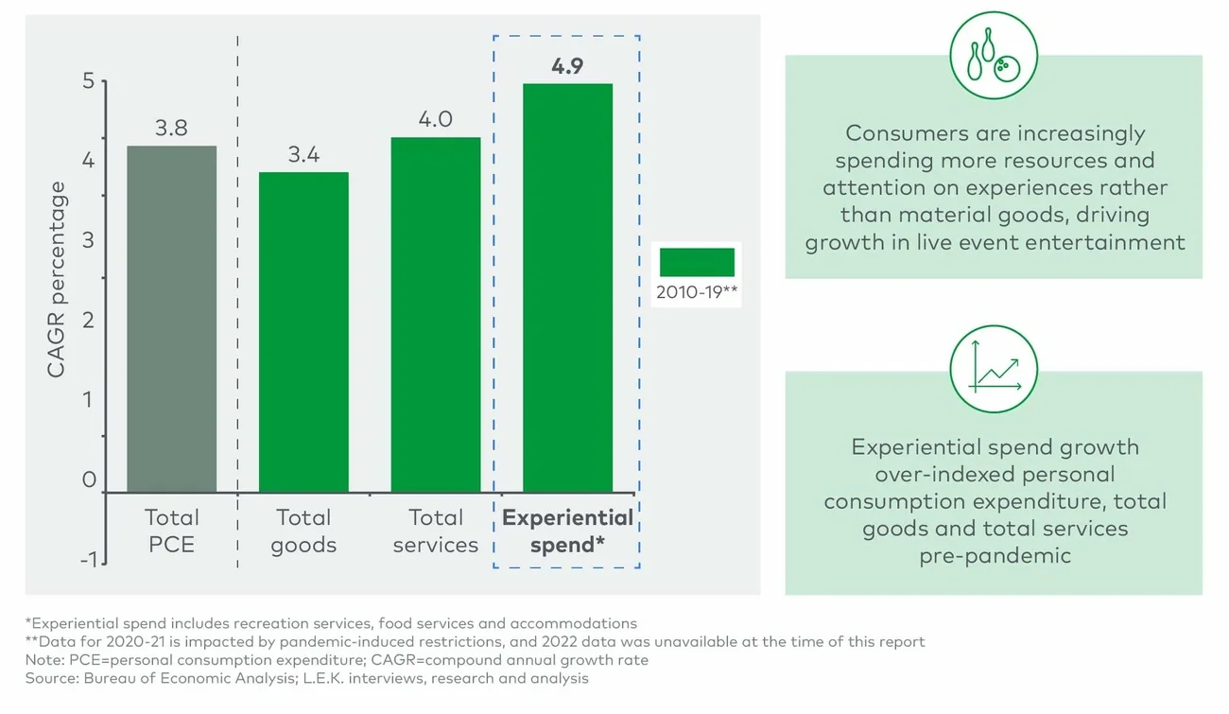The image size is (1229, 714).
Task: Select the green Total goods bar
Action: click(303, 332)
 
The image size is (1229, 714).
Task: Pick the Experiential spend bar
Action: click(567, 287)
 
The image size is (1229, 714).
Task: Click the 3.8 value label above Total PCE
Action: click(171, 129)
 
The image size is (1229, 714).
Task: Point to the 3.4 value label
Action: click(303, 155)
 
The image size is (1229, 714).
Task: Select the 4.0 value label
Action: click(436, 119)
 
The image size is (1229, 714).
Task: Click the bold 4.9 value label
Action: click(567, 66)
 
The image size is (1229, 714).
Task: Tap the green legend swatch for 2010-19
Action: click(697, 262)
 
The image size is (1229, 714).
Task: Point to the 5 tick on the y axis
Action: click(89, 81)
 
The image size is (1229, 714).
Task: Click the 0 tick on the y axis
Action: click(89, 480)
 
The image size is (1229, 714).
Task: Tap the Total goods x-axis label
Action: click(303, 531)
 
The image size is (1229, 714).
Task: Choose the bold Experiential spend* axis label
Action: click(567, 531)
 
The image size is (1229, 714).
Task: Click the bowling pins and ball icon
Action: click(993, 55)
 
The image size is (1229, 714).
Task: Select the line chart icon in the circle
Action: click(993, 370)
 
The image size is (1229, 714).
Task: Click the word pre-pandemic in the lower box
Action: click(995, 555)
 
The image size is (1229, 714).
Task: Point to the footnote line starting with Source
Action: click(307, 678)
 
